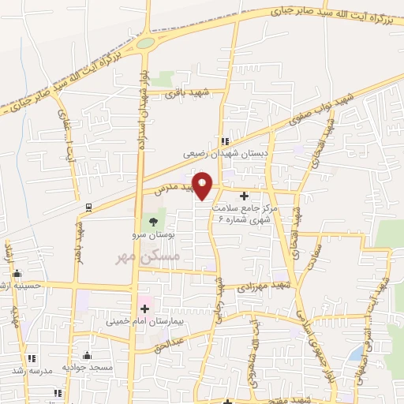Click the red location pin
(203, 185)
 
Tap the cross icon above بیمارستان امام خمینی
(144, 308)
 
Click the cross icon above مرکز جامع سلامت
(243, 196)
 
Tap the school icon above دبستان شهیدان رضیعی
(225, 141)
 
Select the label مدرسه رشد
(32, 369)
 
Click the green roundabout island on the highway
(144, 43)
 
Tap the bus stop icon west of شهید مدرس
(88, 207)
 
